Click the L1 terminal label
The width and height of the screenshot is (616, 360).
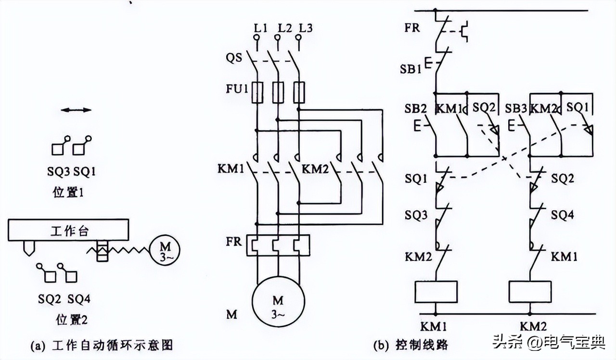point(260,28)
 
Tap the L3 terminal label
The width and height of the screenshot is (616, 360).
point(305,28)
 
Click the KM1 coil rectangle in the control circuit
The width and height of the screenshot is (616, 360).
point(436,292)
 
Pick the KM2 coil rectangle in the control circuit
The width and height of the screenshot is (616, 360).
point(530,292)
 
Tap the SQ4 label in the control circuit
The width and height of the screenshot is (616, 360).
point(563,215)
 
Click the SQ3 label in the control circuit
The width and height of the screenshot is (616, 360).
point(416,215)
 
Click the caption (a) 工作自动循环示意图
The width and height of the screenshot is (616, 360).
point(101,345)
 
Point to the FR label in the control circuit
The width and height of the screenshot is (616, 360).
point(412,27)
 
